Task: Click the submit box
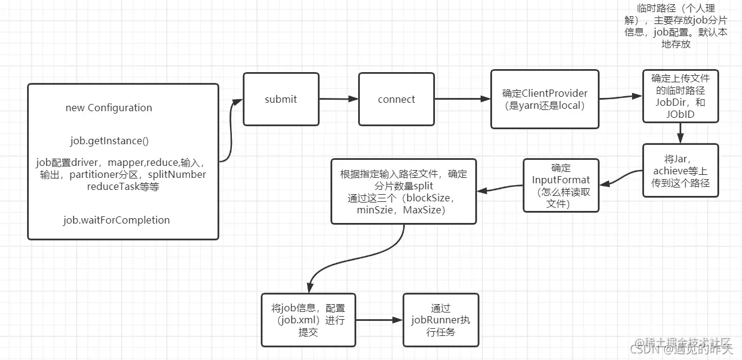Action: pos(281,99)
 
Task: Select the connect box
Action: pos(396,99)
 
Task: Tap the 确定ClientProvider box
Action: pos(544,99)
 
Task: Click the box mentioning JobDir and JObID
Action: pos(680,96)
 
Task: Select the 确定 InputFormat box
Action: pos(561,185)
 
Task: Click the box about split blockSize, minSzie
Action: pos(403,191)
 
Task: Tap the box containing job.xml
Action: pos(308,320)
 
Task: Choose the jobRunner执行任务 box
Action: pos(440,320)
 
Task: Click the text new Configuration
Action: pos(109,108)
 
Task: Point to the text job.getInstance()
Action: pos(109,141)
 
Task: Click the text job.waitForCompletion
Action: pos(116,220)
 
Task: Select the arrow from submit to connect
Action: pos(339,99)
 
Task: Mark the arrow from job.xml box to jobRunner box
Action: pos(379,320)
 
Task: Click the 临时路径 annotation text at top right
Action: pos(676,27)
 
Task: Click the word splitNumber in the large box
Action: pos(177,174)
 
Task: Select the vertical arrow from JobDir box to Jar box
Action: pos(680,132)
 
